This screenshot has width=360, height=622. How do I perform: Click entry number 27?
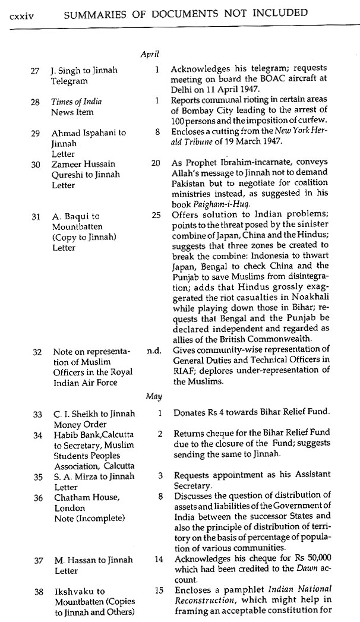(x=35, y=70)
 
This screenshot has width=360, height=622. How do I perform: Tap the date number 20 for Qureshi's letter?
(x=156, y=163)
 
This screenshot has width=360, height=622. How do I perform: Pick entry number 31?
(x=35, y=217)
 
